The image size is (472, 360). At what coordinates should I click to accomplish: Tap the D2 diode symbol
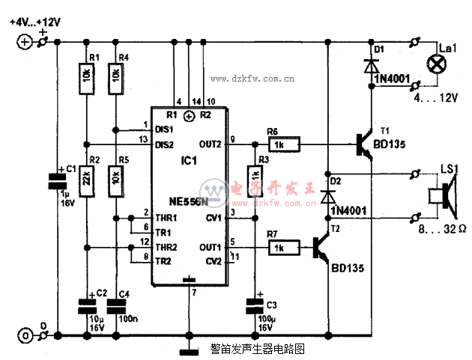click(x=327, y=197)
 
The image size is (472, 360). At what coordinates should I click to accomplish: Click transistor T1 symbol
click(x=364, y=144)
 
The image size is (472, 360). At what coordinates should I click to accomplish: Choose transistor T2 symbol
click(x=321, y=248)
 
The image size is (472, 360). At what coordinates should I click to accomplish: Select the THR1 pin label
click(x=165, y=218)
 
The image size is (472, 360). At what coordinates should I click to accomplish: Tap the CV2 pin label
click(x=214, y=260)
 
